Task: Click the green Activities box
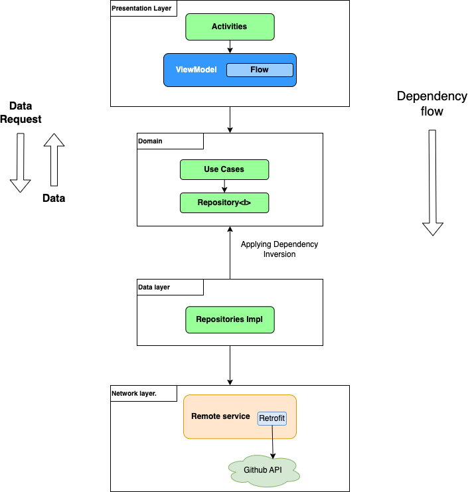(x=229, y=27)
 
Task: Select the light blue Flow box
(x=260, y=70)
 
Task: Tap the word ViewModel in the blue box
(x=196, y=70)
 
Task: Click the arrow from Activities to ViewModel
(x=230, y=46)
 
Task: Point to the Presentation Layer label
(x=141, y=9)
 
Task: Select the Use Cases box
(x=224, y=169)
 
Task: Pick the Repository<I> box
(x=224, y=203)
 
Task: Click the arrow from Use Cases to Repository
(x=224, y=186)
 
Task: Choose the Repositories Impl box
(x=229, y=319)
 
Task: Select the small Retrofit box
(x=272, y=418)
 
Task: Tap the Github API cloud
(x=264, y=470)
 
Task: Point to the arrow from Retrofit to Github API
(x=273, y=442)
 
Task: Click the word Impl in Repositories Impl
(x=255, y=319)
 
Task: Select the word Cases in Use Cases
(x=233, y=169)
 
